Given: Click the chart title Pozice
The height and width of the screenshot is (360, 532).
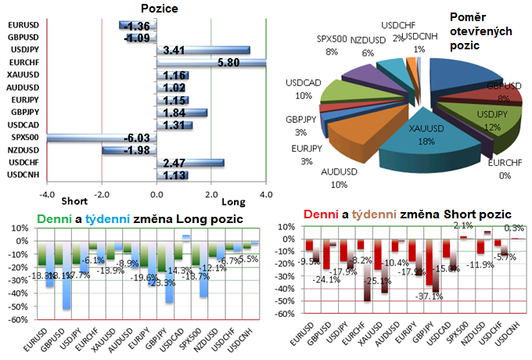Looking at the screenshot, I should [157, 9].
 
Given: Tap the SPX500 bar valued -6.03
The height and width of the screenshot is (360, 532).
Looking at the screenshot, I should [102, 138].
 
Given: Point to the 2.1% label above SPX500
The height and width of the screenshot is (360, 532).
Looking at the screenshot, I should [462, 225].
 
